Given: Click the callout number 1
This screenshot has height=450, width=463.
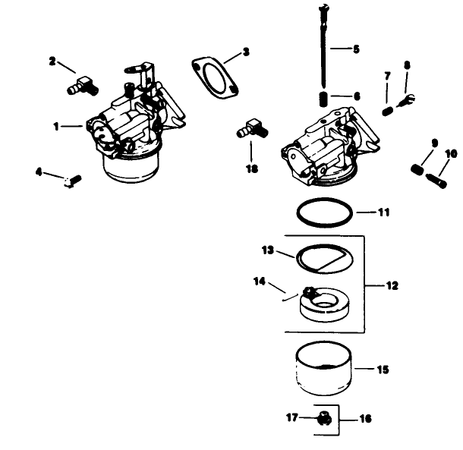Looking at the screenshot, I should pos(56,127).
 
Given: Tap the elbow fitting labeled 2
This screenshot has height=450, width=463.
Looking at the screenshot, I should pos(80,83).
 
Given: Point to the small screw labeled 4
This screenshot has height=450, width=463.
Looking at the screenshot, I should pos(71,180).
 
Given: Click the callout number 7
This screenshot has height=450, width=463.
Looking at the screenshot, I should pos(388,76).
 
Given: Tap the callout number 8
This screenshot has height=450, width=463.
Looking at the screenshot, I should pos(407,65).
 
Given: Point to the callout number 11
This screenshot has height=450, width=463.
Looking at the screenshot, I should pos(384,212).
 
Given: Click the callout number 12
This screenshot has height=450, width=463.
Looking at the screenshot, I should pos(392,286).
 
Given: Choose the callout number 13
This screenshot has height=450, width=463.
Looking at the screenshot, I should pos(267,250).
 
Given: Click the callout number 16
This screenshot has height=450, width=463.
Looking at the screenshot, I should pos(366,418).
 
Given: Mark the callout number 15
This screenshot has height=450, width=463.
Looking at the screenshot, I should pos(383,370).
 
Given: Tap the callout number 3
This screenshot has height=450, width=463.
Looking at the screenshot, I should pos(245,52).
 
